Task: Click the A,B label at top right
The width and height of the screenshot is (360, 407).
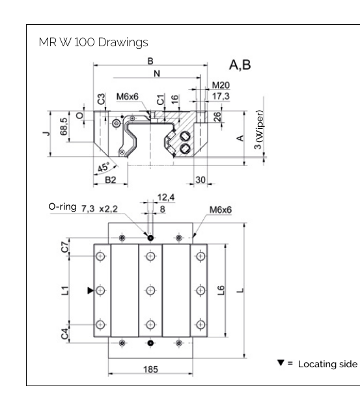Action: pos(240,65)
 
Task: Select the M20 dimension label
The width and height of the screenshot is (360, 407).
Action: pos(221,85)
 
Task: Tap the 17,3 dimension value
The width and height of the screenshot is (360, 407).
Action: pos(221,96)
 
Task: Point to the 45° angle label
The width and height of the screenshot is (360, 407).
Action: pos(103,167)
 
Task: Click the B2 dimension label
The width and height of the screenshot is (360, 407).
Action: pos(110,180)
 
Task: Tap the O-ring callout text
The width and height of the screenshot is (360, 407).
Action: pos(63,206)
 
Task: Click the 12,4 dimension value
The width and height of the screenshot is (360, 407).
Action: pos(167,197)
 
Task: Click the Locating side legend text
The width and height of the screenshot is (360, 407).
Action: pos(328,363)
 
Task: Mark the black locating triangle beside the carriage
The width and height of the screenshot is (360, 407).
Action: pos(90,290)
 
